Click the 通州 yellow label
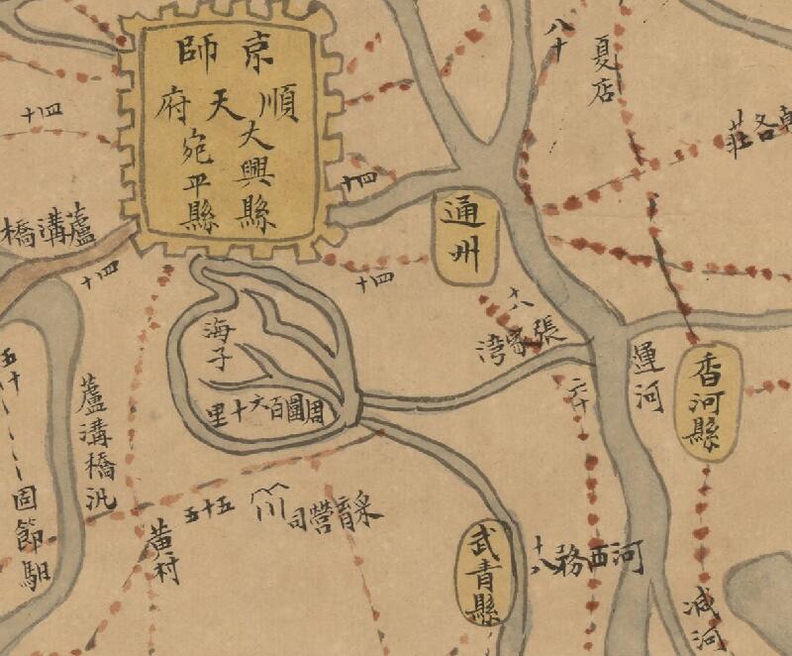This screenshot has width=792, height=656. click(461, 238)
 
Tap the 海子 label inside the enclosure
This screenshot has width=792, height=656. click(217, 342)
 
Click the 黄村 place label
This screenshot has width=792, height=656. click(162, 553)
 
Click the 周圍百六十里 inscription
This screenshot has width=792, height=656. click(266, 406)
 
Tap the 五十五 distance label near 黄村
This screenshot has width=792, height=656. click(208, 509)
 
